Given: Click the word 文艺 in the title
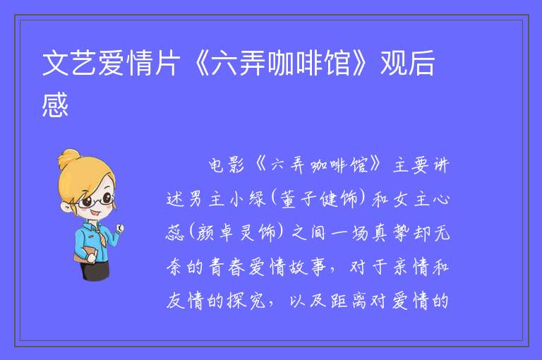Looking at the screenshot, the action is pyautogui.click(x=70, y=63).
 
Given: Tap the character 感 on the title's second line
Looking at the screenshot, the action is pyautogui.click(x=55, y=105).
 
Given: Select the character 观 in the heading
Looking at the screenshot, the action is pyautogui.click(x=393, y=63).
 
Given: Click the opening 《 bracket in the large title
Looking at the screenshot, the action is pyautogui.click(x=200, y=63).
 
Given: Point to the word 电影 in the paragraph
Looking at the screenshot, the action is pyautogui.click(x=227, y=165).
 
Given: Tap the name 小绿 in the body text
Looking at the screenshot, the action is pyautogui.click(x=248, y=199).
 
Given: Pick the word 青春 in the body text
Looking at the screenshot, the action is pyautogui.click(x=227, y=267).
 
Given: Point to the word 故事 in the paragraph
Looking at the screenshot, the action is pyautogui.click(x=307, y=267).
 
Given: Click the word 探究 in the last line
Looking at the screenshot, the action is pyautogui.click(x=246, y=301).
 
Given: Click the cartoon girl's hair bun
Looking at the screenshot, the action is pyautogui.click(x=68, y=157).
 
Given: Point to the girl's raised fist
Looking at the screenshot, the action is pyautogui.click(x=119, y=228).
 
